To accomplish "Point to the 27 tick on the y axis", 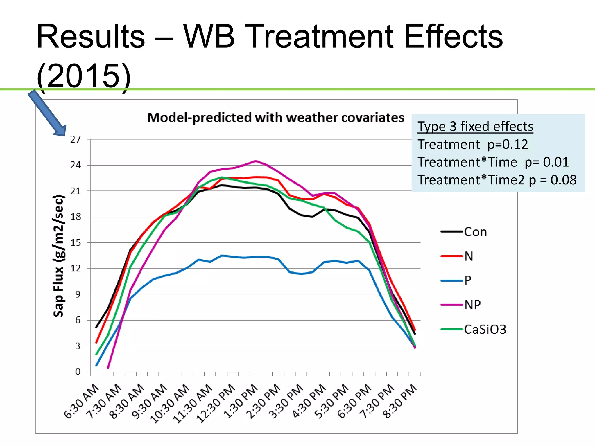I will click(x=76, y=139).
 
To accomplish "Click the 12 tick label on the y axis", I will click(x=76, y=268).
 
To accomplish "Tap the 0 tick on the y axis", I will click(x=78, y=372).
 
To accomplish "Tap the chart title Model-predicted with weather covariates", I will click(x=276, y=118).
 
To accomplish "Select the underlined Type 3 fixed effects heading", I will click(x=475, y=126).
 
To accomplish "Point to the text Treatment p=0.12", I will click(x=473, y=144).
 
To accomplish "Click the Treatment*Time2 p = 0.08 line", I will click(x=497, y=180).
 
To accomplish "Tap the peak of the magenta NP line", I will click(x=255, y=161).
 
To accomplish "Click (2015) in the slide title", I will click(x=84, y=76).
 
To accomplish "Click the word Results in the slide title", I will click(x=91, y=37).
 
